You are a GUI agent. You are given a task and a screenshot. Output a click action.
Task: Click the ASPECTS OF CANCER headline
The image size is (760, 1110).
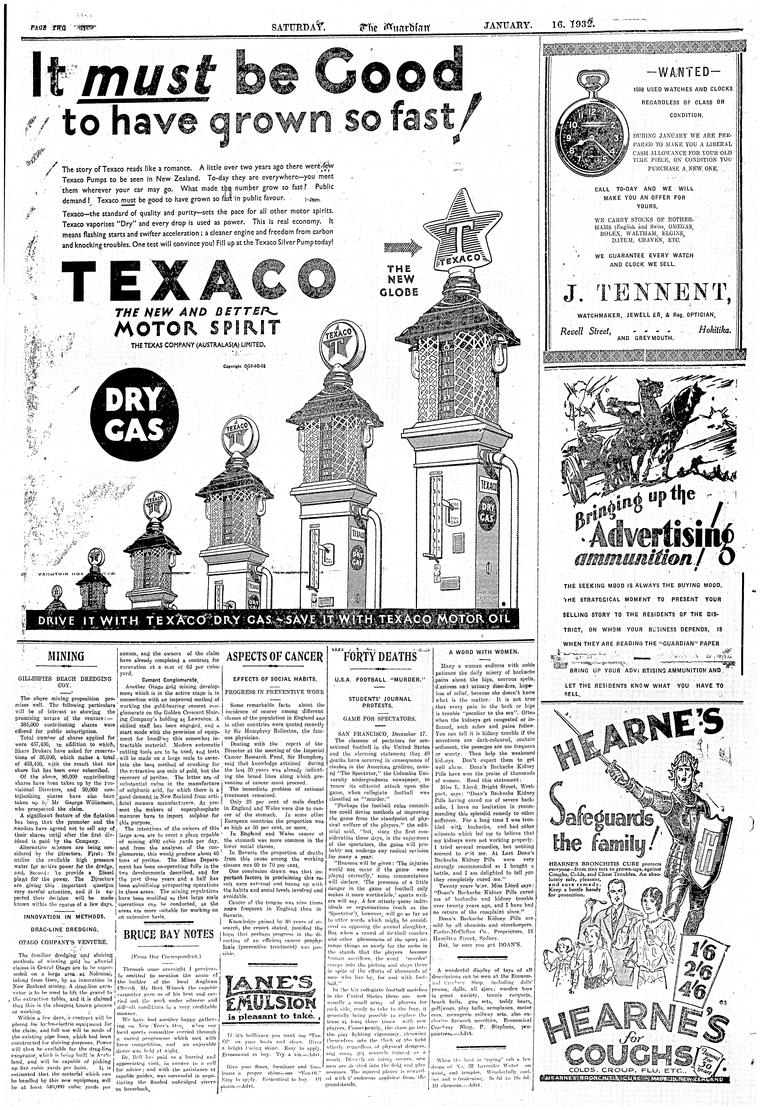tap(275, 657)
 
